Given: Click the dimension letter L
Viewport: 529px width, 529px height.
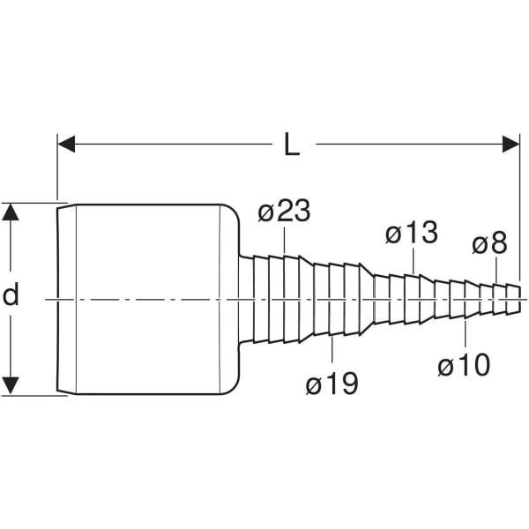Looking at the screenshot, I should [292, 144].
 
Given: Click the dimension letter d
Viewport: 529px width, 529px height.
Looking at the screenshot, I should [11, 295].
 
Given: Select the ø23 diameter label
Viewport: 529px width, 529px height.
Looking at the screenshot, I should [285, 212].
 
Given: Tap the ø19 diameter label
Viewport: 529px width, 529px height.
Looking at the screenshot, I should [332, 384].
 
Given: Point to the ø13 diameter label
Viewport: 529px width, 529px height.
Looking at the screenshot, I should [412, 234].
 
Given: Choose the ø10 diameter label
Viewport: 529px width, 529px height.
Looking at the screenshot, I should [464, 364].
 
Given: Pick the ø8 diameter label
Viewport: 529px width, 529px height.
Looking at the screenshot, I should [489, 243].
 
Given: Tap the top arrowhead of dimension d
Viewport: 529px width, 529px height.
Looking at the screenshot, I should [11, 212].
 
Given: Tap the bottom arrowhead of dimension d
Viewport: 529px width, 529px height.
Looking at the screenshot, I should [11, 385].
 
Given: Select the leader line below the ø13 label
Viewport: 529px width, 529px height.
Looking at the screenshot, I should [413, 262].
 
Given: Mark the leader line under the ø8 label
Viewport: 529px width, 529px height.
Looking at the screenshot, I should [495, 270].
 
